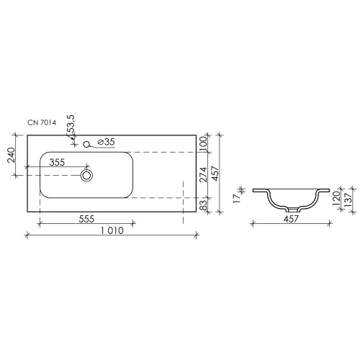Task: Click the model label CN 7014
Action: (x=42, y=122)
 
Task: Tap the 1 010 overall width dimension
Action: (x=112, y=230)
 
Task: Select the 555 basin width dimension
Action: (x=86, y=219)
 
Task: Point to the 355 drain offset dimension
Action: (x=57, y=163)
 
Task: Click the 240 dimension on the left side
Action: (x=12, y=155)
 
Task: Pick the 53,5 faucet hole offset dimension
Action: (x=71, y=124)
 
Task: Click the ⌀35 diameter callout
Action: (x=107, y=142)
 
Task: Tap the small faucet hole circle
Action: (x=86, y=144)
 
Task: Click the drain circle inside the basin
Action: (x=86, y=175)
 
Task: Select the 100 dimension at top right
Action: (x=203, y=143)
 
